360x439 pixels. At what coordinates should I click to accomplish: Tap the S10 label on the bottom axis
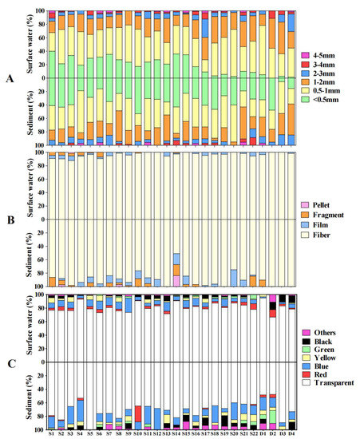pyautogui.click(x=138, y=433)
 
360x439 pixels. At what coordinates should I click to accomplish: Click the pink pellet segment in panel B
pyautogui.click(x=176, y=280)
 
